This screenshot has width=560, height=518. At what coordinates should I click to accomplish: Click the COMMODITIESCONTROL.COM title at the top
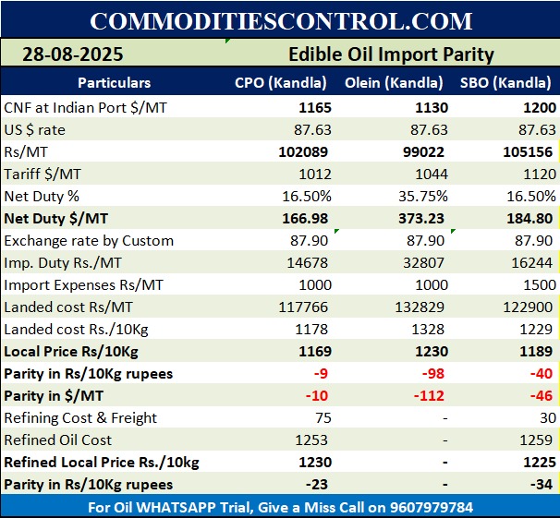point(280,20)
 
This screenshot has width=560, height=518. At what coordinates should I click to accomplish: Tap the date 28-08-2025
point(73,54)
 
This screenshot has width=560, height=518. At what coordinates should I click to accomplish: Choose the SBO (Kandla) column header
point(507,83)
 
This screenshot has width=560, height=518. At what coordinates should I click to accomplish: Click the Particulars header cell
point(114,83)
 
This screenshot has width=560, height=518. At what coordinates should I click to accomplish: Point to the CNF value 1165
point(314,108)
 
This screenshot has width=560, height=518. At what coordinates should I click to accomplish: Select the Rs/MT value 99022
point(426,152)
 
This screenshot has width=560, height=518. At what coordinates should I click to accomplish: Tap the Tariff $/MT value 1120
point(538,175)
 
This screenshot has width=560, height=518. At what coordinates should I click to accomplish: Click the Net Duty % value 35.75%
point(422,197)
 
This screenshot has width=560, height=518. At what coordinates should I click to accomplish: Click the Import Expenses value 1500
point(538,285)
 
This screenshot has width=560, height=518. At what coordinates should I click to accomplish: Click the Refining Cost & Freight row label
point(80,418)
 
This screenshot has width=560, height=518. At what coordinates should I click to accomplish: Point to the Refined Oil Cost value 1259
point(538,440)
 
